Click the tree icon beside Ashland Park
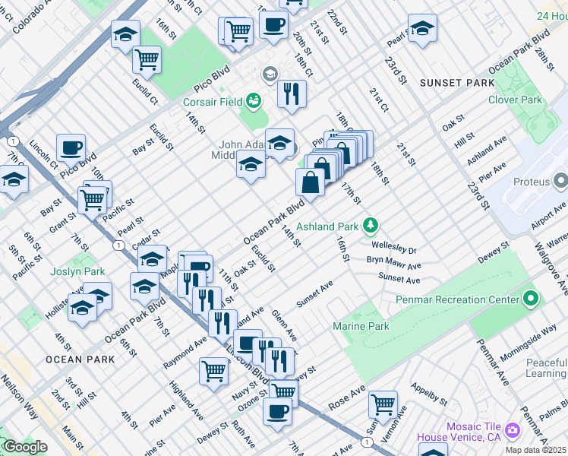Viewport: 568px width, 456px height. [370, 225]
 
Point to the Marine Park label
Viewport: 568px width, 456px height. [361, 327]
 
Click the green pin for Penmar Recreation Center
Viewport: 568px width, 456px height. [531, 299]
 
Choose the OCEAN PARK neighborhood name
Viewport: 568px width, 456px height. [70, 359]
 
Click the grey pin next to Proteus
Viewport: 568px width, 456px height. [561, 182]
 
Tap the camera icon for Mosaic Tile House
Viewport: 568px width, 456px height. [513, 431]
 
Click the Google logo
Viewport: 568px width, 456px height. [25, 447]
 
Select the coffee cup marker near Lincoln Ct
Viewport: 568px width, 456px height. [71, 147]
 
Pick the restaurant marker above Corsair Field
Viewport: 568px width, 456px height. [292, 93]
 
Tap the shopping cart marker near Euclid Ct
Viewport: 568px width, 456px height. [147, 59]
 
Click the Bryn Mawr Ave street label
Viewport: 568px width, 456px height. [393, 264]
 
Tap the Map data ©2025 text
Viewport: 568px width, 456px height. [533, 450]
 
